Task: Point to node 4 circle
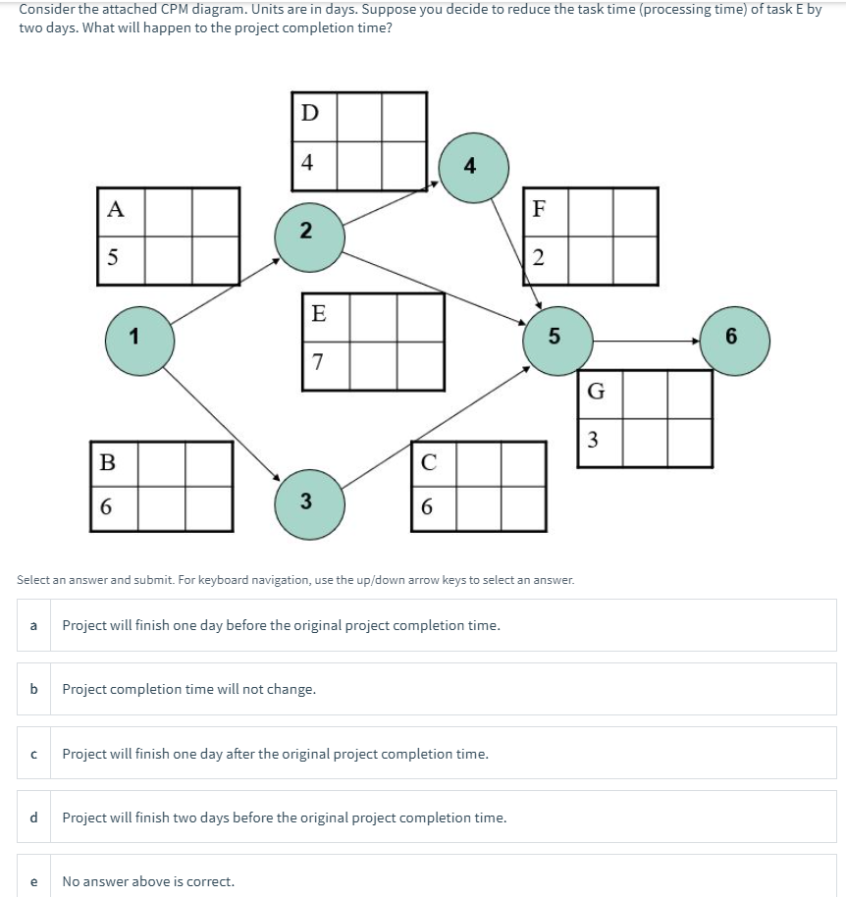tap(473, 167)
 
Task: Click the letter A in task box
tap(116, 209)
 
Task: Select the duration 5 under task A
tap(114, 259)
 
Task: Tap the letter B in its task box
tap(108, 461)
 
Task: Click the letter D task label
tap(308, 113)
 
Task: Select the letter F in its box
tap(538, 209)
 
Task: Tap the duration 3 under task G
tap(593, 439)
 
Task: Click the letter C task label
tap(428, 461)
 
